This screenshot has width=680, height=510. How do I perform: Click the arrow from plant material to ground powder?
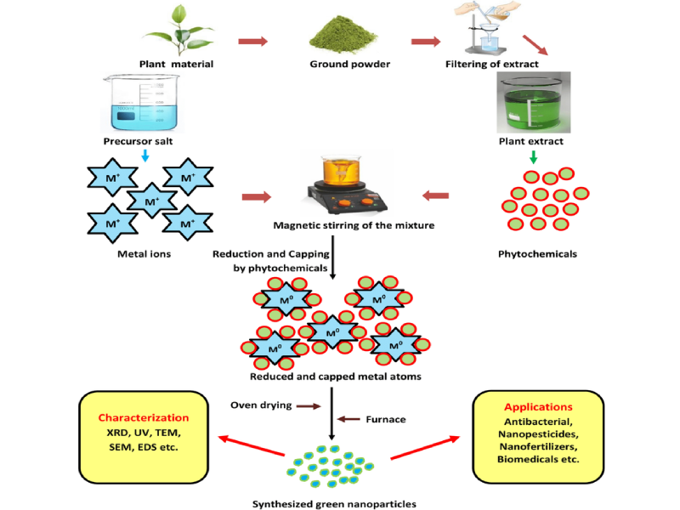coord(252,40)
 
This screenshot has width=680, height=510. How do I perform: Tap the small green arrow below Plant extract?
coord(533,157)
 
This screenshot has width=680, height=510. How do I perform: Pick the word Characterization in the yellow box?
coord(142,417)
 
